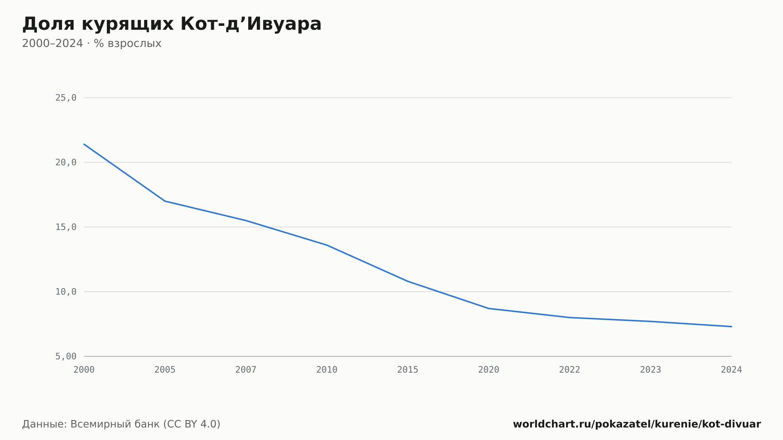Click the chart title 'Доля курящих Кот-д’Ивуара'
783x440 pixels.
pyautogui.click(x=172, y=24)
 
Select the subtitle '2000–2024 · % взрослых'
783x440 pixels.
pyautogui.click(x=92, y=43)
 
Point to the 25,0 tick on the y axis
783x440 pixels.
pyautogui.click(x=66, y=98)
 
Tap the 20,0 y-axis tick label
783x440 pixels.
pyautogui.click(x=66, y=162)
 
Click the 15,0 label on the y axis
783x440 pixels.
pyautogui.click(x=66, y=227)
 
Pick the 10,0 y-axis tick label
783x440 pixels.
pyautogui.click(x=66, y=292)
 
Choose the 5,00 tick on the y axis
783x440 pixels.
pyautogui.click(x=66, y=356)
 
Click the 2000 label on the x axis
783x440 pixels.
pyautogui.click(x=84, y=370)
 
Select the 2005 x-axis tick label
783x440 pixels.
pyautogui.click(x=165, y=370)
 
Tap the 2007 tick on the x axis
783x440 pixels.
pyautogui.click(x=246, y=370)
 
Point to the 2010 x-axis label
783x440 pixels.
pyautogui.click(x=327, y=370)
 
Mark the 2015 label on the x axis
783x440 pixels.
pyautogui.click(x=408, y=370)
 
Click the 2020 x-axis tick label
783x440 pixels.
pyautogui.click(x=489, y=370)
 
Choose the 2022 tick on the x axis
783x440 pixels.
pyautogui.click(x=570, y=370)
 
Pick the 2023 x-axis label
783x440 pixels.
pyautogui.click(x=651, y=370)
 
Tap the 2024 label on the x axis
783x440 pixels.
pyautogui.click(x=731, y=370)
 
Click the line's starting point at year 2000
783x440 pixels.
pyautogui.click(x=84, y=144)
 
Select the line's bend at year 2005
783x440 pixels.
pyautogui.click(x=165, y=201)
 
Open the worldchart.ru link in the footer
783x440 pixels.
pyautogui.click(x=637, y=424)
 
